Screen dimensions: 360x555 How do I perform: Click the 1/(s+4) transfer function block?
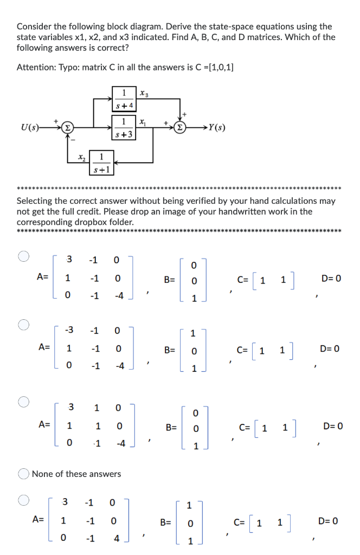(124, 99)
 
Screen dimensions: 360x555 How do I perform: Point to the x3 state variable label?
(144, 94)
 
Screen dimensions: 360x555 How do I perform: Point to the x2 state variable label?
(82, 157)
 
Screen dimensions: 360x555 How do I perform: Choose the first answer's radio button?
(24, 256)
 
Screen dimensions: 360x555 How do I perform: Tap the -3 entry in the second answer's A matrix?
(69, 330)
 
